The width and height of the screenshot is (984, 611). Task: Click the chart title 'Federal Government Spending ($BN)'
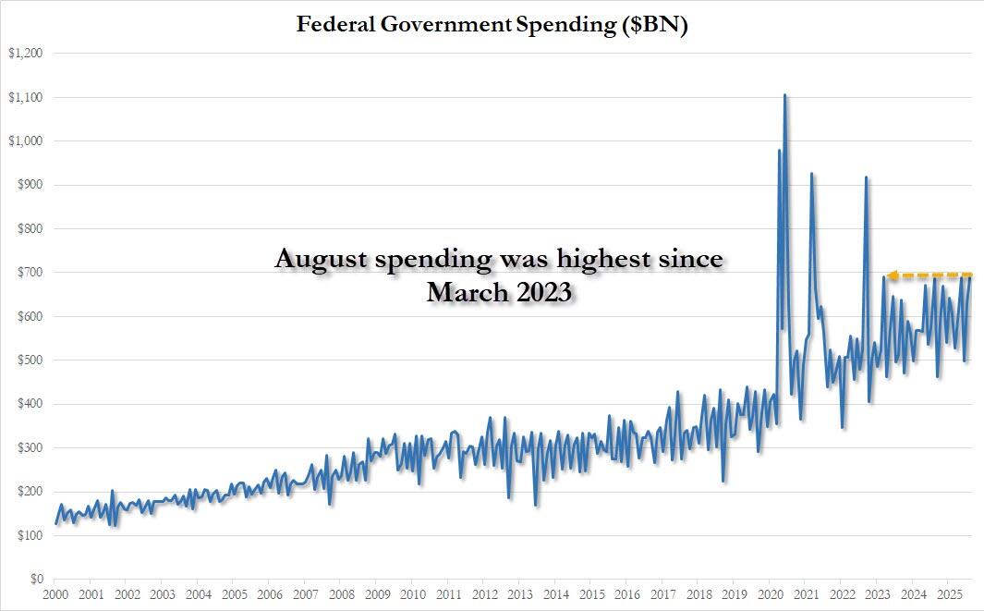[x=492, y=25]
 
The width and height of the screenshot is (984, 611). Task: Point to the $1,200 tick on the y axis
[x=25, y=54]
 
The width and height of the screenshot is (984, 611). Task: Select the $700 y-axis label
[x=29, y=273]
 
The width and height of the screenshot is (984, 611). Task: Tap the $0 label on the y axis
[x=34, y=580]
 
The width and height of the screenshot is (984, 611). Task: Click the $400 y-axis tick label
[x=29, y=404]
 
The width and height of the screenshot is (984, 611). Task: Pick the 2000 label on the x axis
[x=55, y=594]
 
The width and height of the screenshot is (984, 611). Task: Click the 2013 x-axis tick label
[x=520, y=594]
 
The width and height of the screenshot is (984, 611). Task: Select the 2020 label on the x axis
[x=771, y=594]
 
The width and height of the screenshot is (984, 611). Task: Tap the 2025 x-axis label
[x=949, y=594]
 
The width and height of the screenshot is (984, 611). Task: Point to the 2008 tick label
[x=342, y=594]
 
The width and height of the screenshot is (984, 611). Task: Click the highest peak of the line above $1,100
[x=784, y=95]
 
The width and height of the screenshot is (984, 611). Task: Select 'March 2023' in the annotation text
[x=499, y=292]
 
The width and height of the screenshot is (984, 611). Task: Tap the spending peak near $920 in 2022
[x=866, y=177]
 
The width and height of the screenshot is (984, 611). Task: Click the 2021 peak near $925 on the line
[x=811, y=174]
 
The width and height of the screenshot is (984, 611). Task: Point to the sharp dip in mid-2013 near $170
[x=536, y=505]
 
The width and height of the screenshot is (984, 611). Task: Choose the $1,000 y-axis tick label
[x=25, y=141]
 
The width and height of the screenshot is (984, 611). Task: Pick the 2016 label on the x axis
[x=627, y=594]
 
